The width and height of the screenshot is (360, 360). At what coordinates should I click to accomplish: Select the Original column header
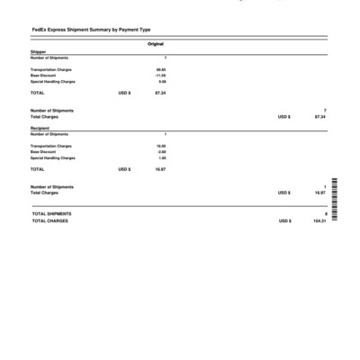156,44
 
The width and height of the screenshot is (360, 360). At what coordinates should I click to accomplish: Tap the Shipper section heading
37,52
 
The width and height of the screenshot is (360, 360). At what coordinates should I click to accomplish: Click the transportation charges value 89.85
161,68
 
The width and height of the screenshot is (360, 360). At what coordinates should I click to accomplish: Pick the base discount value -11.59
160,75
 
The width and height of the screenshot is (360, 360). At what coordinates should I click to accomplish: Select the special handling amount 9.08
162,81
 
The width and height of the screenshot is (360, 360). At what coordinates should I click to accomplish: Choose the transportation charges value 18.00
161,145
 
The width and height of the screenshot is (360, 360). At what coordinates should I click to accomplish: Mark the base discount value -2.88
161,151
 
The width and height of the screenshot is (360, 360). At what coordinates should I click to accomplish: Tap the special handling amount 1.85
162,157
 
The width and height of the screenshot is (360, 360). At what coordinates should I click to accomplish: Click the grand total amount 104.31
319,220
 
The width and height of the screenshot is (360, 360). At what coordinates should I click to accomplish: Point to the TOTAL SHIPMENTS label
51,213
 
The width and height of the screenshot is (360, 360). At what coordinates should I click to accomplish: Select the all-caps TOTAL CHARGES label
49,220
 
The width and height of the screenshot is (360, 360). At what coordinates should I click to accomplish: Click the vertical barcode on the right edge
335,202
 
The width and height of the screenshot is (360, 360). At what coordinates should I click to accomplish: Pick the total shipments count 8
325,213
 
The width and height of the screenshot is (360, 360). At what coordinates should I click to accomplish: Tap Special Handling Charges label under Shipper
53,81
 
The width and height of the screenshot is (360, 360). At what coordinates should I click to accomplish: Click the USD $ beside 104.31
284,220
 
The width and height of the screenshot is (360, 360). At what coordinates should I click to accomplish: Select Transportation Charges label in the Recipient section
51,145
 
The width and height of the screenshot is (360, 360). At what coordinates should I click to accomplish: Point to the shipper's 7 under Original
165,58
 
